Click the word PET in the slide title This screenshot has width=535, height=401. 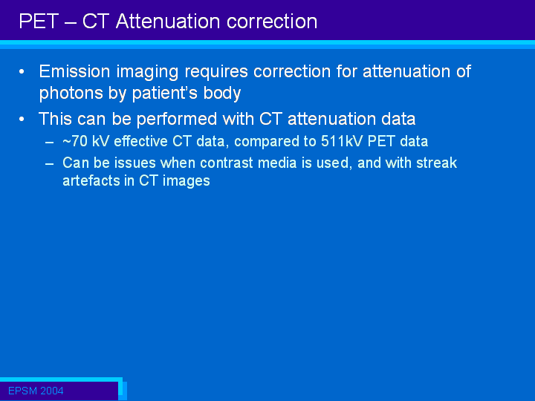click(39, 21)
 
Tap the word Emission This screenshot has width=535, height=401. click(75, 71)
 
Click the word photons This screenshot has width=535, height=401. click(71, 94)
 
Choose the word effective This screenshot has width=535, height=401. click(140, 142)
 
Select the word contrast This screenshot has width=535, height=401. click(226, 163)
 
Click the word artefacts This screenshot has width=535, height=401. click(91, 180)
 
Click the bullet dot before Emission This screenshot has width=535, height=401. click(22, 71)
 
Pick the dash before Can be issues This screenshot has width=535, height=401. click(50, 163)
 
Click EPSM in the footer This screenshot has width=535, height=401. click(22, 391)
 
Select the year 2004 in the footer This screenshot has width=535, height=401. click(51, 391)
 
